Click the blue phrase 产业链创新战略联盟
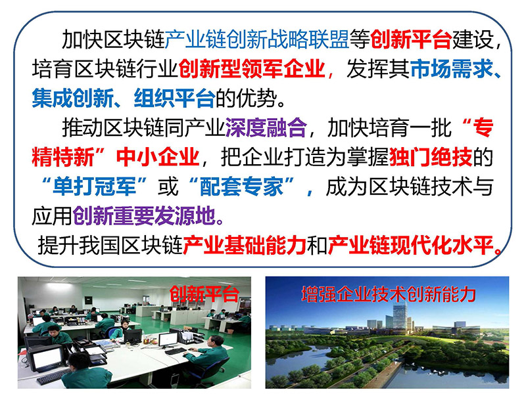tap(257, 39)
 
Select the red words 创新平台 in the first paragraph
tap(411, 39)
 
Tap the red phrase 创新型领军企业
tap(252, 69)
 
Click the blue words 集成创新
tap(73, 98)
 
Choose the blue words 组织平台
tap(174, 98)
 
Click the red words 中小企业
tap(158, 157)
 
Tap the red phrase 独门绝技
tap(431, 157)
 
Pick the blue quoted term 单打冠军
tap(94, 186)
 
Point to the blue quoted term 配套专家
tap(241, 186)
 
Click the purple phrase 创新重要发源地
tap(144, 216)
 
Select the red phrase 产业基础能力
tap(244, 245)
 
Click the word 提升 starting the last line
tap(58, 245)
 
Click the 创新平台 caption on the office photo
tap(204, 294)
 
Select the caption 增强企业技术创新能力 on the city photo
tap(389, 294)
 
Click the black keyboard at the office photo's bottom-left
tap(54, 377)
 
